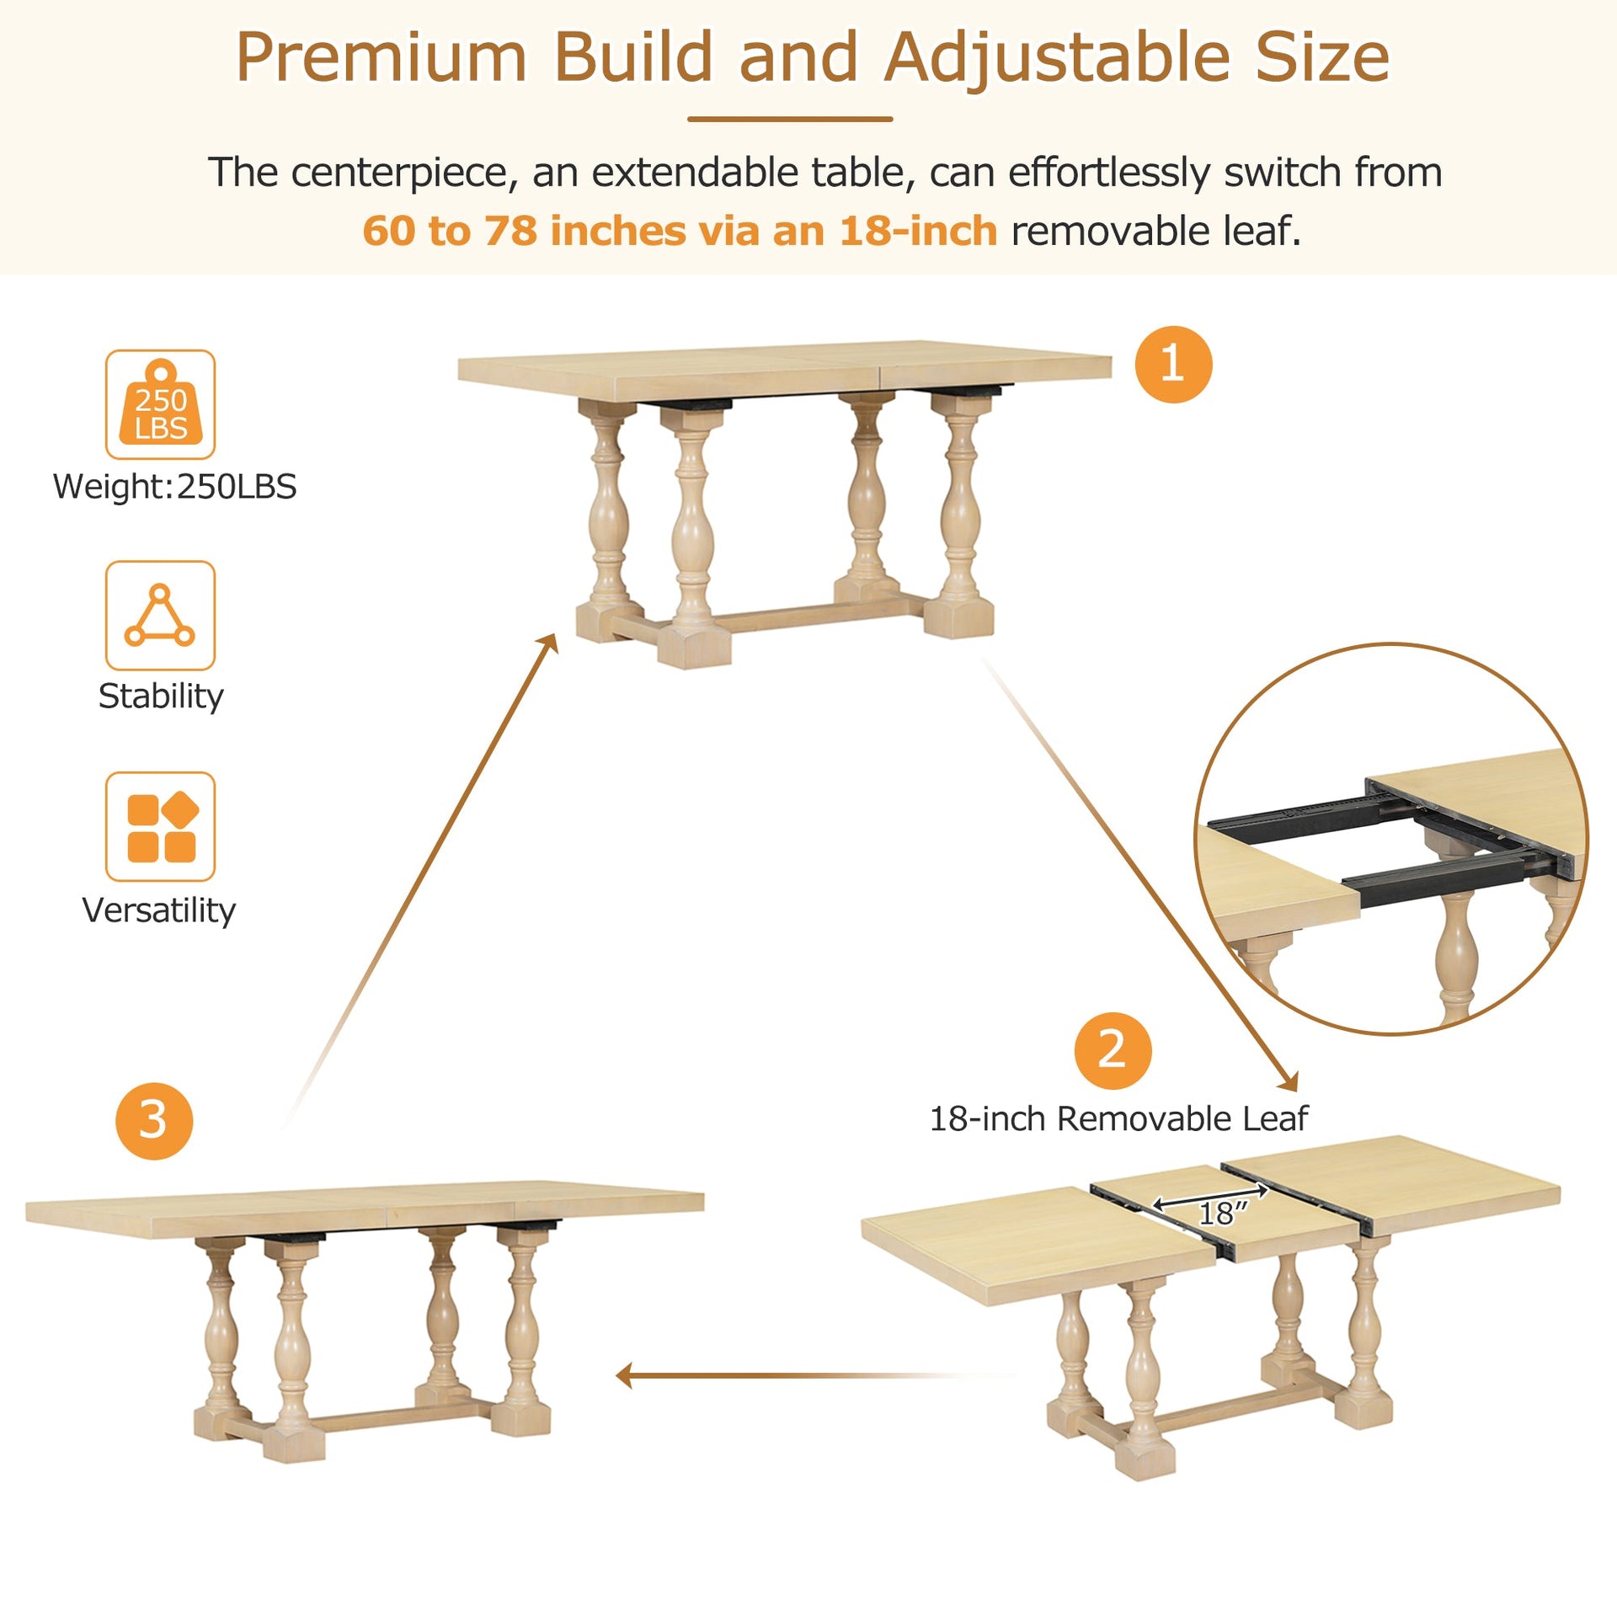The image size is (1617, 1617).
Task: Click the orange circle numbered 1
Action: [x=1172, y=365]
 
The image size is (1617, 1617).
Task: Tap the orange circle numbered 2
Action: [x=1112, y=1050]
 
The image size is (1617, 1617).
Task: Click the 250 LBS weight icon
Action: [x=160, y=404]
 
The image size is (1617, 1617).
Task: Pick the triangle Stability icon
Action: [x=160, y=616]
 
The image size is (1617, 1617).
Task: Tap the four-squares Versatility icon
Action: [x=160, y=826]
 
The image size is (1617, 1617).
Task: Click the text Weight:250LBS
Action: [x=174, y=487]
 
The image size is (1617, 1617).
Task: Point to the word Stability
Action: [x=161, y=696]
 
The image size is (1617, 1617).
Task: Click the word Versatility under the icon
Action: [x=159, y=910]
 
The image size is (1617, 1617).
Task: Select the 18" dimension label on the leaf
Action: [x=1221, y=1213]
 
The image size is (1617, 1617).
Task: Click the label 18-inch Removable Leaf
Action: [x=1118, y=1118]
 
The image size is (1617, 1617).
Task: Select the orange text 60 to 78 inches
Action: [x=524, y=231]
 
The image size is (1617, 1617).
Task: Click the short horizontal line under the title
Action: [x=789, y=120]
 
